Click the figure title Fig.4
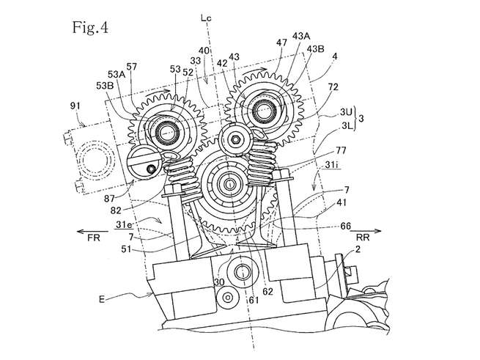point(90,28)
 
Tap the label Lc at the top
point(206,18)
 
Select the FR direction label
point(94,238)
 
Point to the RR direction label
point(363,237)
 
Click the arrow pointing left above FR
point(92,231)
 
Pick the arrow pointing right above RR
point(366,231)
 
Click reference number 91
point(75,106)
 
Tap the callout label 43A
point(301,36)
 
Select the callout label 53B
point(105,86)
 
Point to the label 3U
point(346,112)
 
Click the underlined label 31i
point(331,165)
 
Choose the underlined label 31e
point(125,225)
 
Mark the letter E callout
point(102,298)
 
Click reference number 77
point(341,150)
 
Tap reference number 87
point(109,199)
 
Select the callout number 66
point(345,227)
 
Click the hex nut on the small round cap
point(235,140)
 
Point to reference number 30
point(219,282)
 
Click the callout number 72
point(333,87)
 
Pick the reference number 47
point(281,43)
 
